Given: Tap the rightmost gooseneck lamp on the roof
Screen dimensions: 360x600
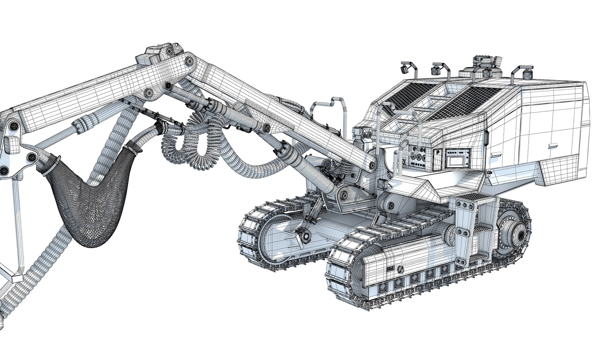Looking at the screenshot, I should tap(527, 72).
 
